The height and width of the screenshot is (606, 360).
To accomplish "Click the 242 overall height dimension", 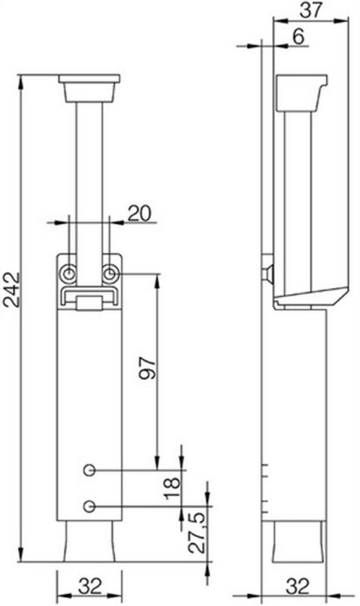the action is (11, 289).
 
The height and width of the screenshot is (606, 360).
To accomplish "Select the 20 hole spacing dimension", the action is (139, 213).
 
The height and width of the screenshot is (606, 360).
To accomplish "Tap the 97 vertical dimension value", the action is (147, 369).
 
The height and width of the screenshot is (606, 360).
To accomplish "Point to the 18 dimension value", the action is (173, 489).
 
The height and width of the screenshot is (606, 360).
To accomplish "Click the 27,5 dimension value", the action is (198, 533).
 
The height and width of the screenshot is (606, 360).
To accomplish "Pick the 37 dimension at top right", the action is (311, 10).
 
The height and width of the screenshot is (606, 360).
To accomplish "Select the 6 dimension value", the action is (298, 36).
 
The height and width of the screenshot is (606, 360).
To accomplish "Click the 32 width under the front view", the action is (89, 586).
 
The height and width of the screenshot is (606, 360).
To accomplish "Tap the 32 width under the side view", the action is (298, 586).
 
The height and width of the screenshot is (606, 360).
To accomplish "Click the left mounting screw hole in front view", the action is (68, 274).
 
